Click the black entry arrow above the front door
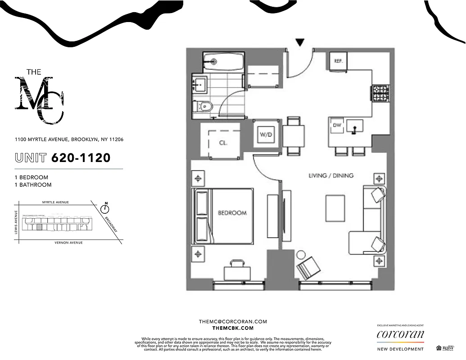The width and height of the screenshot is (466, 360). (300, 43)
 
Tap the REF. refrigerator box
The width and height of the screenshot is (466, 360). (339, 60)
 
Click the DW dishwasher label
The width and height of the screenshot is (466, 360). (336, 125)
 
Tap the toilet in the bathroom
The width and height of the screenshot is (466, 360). (204, 107)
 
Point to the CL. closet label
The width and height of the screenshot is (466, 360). (223, 143)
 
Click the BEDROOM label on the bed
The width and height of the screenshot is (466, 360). (232, 212)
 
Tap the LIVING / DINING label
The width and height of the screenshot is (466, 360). (331, 175)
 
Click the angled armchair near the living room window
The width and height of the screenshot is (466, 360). (308, 267)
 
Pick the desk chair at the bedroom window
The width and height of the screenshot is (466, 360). (237, 270)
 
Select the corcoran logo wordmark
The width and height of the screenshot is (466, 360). (400, 334)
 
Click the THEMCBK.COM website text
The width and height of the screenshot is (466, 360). (233, 328)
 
